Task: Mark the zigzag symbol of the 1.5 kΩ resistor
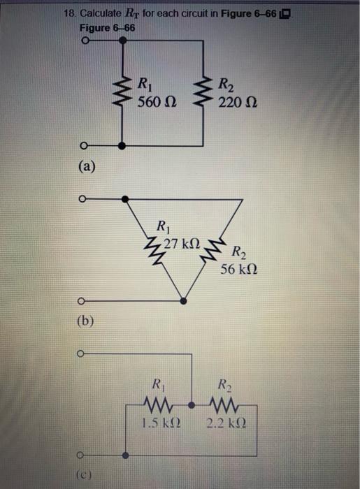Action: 157,406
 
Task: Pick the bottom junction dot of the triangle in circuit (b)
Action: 184,302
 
